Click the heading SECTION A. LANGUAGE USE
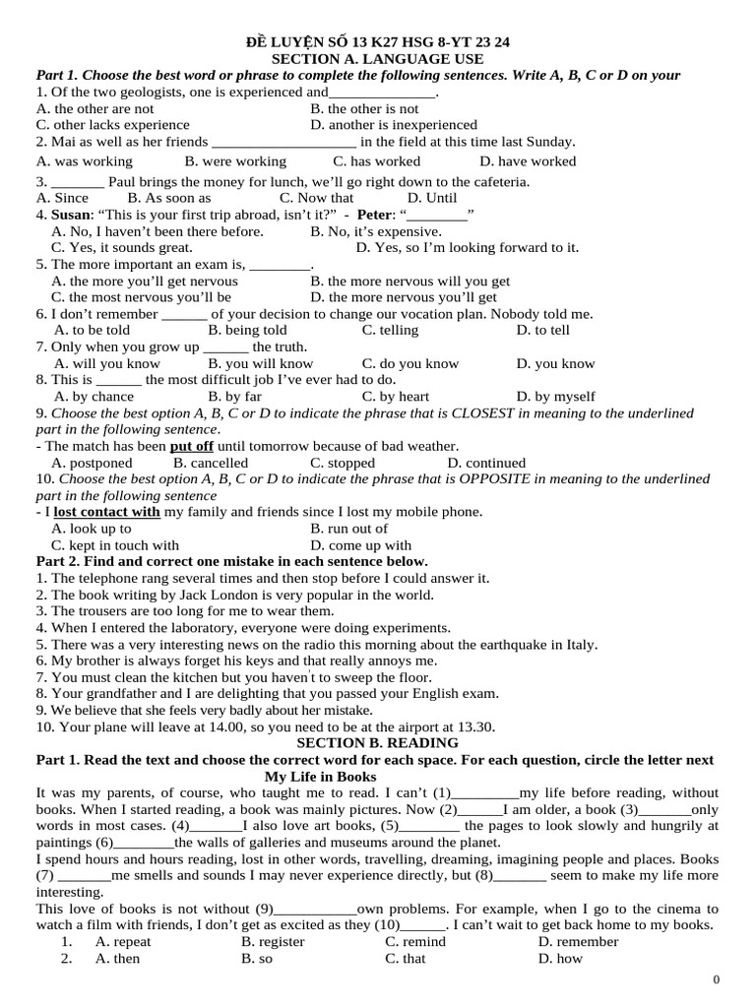coord(377,59)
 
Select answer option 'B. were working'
coord(235,161)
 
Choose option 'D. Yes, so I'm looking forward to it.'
coord(468,248)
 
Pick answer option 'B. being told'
coord(247,331)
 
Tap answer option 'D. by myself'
coord(555,397)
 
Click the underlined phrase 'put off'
coord(191,446)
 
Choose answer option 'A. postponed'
coord(92,463)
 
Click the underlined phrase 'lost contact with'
coord(106,512)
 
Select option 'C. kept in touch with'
coord(115,545)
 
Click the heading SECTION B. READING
coord(378,743)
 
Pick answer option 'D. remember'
coord(578,941)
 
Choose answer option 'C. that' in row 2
coord(406,958)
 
